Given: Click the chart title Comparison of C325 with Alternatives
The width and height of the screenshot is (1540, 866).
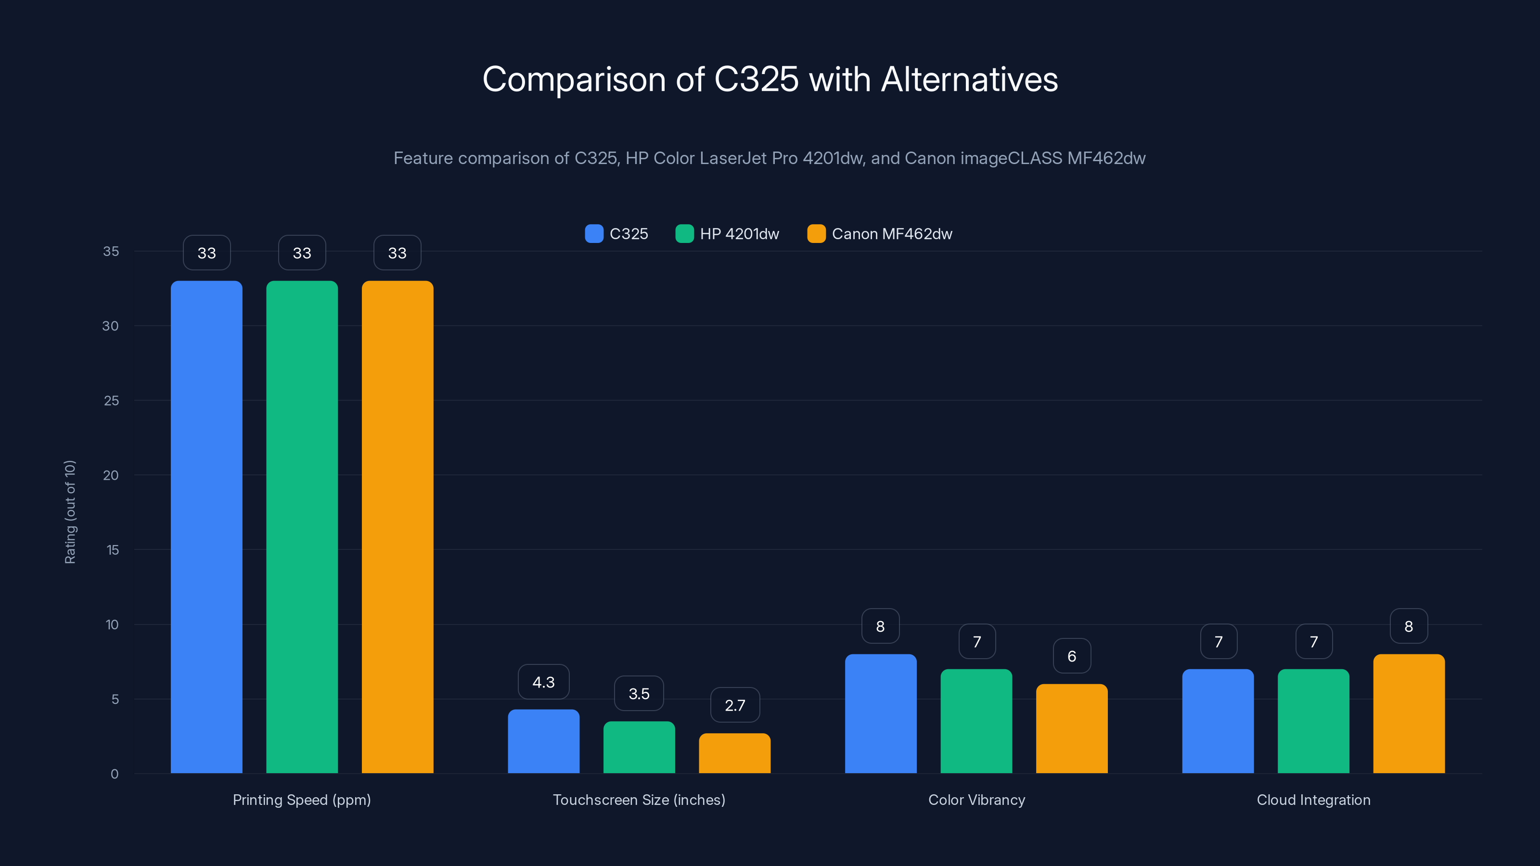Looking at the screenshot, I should (x=770, y=79).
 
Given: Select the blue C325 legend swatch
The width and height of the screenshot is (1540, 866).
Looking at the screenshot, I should (x=594, y=234).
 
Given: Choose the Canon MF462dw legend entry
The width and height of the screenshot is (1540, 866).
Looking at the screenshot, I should (x=891, y=234).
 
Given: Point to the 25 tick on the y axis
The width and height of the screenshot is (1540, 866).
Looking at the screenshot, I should (x=111, y=400).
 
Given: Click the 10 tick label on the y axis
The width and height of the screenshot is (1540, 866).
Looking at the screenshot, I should (x=112, y=624).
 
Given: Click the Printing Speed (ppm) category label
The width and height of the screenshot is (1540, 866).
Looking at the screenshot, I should (x=301, y=800).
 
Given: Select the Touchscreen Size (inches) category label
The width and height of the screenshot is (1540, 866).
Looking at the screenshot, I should (x=639, y=800).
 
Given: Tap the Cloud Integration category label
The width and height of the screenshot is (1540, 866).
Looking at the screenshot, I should (x=1313, y=800).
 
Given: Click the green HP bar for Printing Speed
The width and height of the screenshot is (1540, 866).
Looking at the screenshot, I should (x=302, y=526).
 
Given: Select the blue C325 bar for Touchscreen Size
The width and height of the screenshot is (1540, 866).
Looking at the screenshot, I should (x=543, y=741).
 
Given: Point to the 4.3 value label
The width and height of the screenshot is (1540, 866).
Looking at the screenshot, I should (x=543, y=682).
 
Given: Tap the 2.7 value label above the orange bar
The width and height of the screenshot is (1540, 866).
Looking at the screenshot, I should (x=735, y=705).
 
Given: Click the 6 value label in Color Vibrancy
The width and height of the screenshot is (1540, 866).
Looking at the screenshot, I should (x=1071, y=656).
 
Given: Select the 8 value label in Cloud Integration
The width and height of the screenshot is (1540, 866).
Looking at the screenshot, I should (x=1409, y=626).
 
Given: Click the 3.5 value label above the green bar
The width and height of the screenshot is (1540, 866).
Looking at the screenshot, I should (x=639, y=693).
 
